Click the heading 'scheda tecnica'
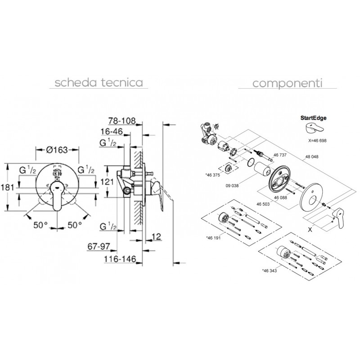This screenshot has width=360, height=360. (99, 82)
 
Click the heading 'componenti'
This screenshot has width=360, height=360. (288, 83)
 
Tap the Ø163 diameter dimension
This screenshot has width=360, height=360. (57, 150)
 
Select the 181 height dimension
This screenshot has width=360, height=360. (8, 188)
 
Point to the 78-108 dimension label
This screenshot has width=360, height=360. (122, 121)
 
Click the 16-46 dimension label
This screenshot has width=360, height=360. (112, 131)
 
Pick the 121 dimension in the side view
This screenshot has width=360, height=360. (107, 182)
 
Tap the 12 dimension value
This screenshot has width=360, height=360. (156, 237)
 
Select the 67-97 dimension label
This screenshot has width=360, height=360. (99, 247)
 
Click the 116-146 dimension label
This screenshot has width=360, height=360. (120, 259)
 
